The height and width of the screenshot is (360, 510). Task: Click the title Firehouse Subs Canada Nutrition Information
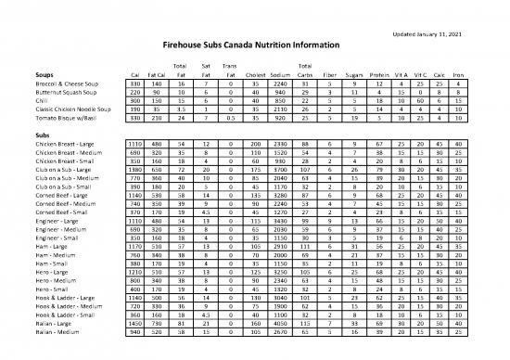(x=254, y=45)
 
